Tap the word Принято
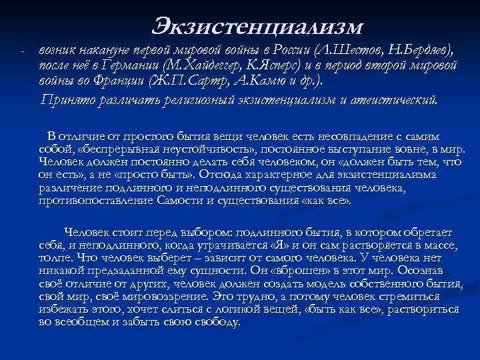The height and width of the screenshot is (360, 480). tap(67, 101)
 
